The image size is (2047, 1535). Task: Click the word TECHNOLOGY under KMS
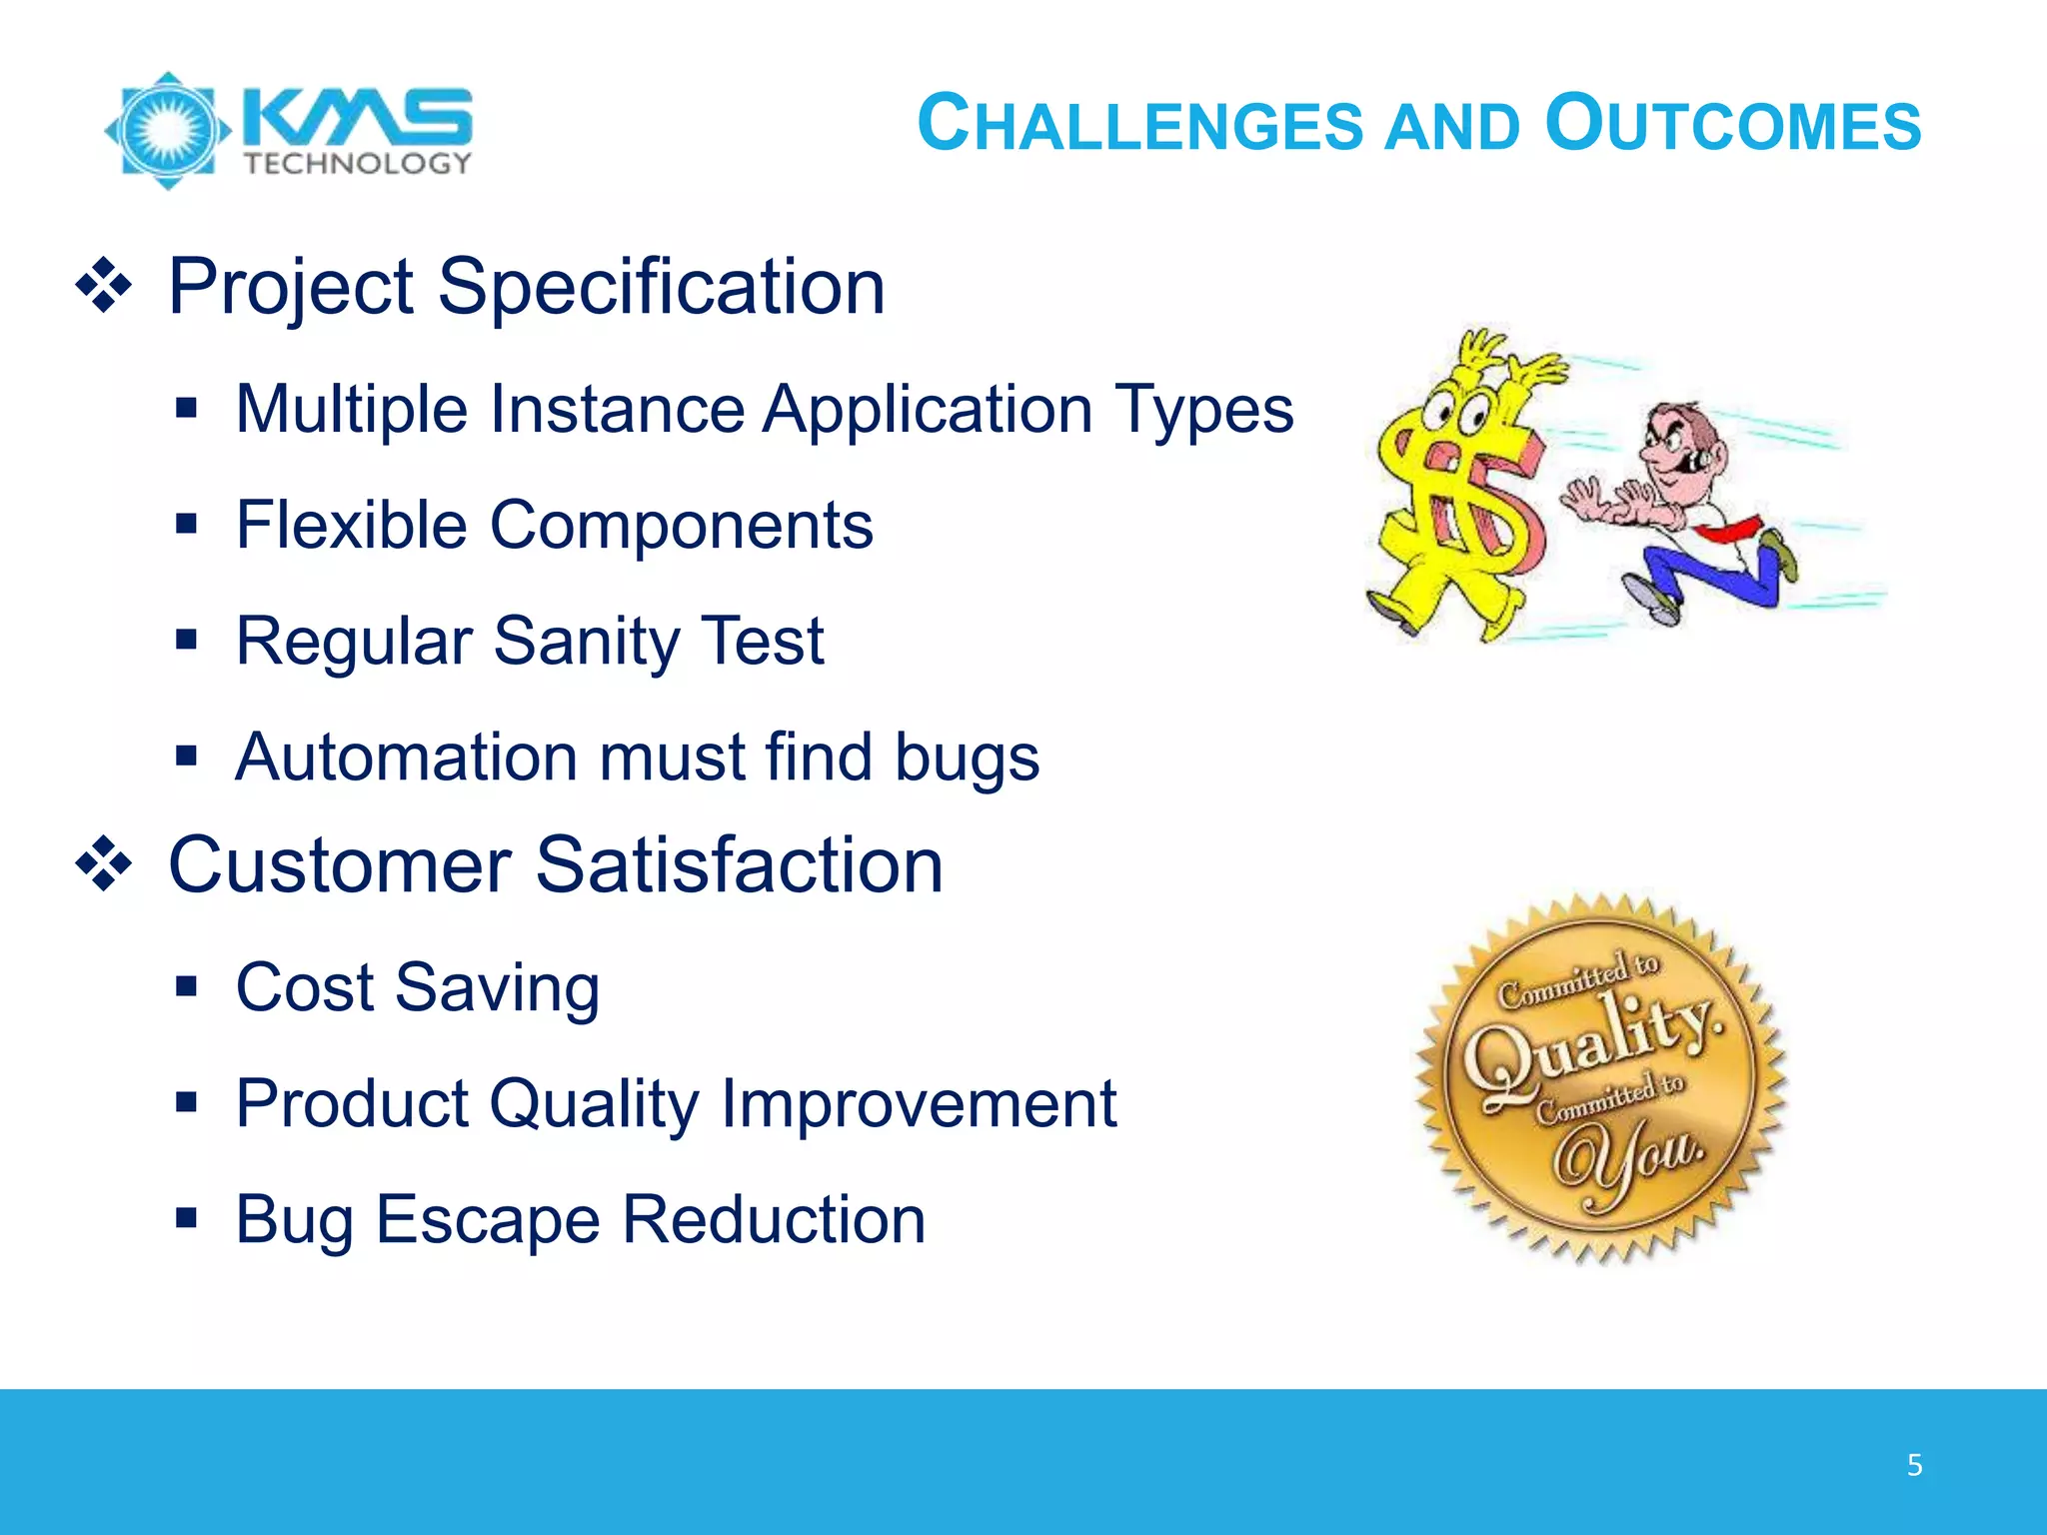(358, 164)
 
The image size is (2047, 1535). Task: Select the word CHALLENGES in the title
(1139, 125)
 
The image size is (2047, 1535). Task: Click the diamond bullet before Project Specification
(104, 288)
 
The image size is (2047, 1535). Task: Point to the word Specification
(661, 287)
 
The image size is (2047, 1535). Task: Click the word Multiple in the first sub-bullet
(351, 410)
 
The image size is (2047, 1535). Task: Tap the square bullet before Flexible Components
(186, 524)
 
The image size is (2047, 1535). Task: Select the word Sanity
(587, 641)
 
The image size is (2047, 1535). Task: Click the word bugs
(967, 758)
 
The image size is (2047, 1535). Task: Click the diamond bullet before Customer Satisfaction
(104, 864)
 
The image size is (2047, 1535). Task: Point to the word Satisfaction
(739, 865)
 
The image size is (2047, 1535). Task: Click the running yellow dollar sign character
(1460, 490)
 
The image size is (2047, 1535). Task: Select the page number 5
(1914, 1465)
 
